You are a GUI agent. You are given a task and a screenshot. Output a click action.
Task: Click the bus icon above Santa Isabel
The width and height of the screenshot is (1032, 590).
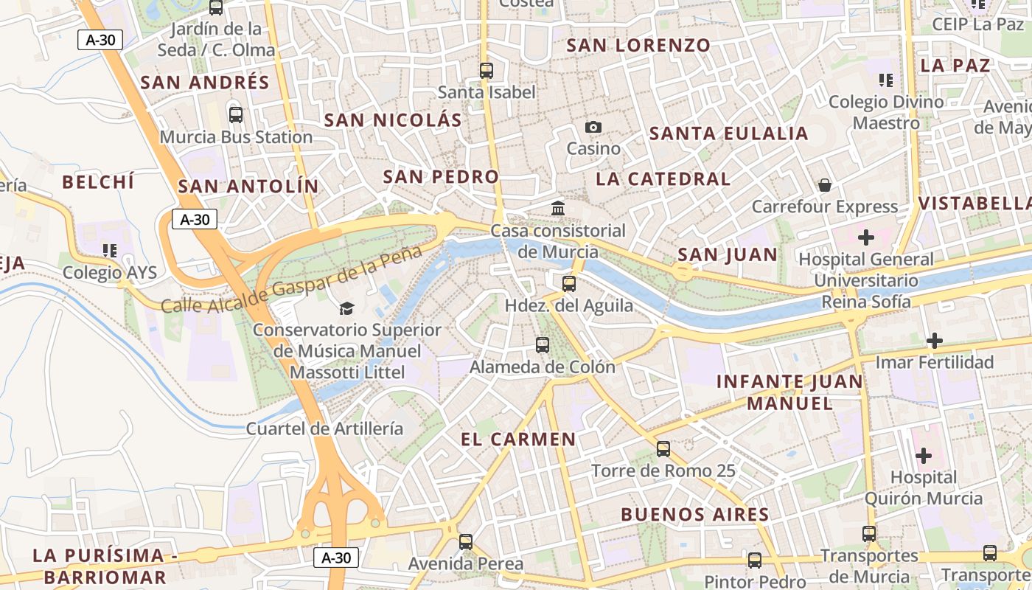point(486,71)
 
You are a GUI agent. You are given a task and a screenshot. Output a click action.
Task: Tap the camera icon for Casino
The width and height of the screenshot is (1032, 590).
point(593,128)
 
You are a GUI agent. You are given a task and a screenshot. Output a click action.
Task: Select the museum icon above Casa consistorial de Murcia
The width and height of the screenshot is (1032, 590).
point(558,209)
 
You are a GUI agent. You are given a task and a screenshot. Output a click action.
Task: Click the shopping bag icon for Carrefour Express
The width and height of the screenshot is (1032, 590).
point(824,184)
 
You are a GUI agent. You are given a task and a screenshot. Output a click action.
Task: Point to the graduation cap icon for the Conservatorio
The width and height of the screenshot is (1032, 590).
point(346,308)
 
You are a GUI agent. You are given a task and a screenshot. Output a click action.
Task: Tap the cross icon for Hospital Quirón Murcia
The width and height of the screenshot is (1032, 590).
point(923,455)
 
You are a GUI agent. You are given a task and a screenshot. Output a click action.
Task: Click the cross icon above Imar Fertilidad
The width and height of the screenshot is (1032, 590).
point(934,341)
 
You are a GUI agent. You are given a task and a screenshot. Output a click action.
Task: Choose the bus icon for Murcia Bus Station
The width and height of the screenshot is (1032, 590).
point(236,115)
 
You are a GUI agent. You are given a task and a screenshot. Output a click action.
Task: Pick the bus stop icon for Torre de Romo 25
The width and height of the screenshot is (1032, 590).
point(663,448)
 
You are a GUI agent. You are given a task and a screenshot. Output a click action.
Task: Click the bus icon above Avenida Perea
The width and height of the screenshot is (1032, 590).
point(466,541)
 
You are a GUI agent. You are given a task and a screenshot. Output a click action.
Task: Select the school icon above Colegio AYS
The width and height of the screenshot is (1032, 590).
point(110,251)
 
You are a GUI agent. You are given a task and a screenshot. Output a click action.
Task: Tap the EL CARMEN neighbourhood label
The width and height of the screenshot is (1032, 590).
point(518,440)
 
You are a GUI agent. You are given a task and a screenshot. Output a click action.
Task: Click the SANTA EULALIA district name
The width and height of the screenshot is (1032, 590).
point(728,133)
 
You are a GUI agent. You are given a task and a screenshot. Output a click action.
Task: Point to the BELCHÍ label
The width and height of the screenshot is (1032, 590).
point(98,182)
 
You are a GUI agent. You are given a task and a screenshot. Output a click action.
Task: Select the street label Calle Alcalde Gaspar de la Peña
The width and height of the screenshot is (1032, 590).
point(291,280)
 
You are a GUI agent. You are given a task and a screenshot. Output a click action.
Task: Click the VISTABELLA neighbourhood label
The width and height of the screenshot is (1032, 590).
point(975,204)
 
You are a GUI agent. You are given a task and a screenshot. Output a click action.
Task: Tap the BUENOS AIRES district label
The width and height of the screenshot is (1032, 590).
point(694,514)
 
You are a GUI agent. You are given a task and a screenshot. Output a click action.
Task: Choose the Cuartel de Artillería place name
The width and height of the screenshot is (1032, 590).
point(324,428)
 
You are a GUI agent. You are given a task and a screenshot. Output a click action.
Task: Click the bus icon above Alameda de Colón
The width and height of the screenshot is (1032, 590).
point(543,344)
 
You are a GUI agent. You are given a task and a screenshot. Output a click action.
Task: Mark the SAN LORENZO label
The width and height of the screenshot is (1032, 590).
point(638,45)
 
